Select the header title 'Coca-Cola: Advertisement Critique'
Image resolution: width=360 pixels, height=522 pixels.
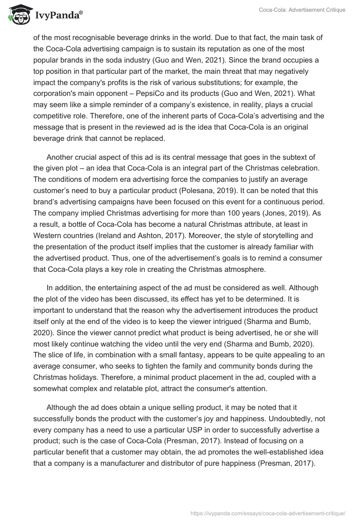[302, 10]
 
